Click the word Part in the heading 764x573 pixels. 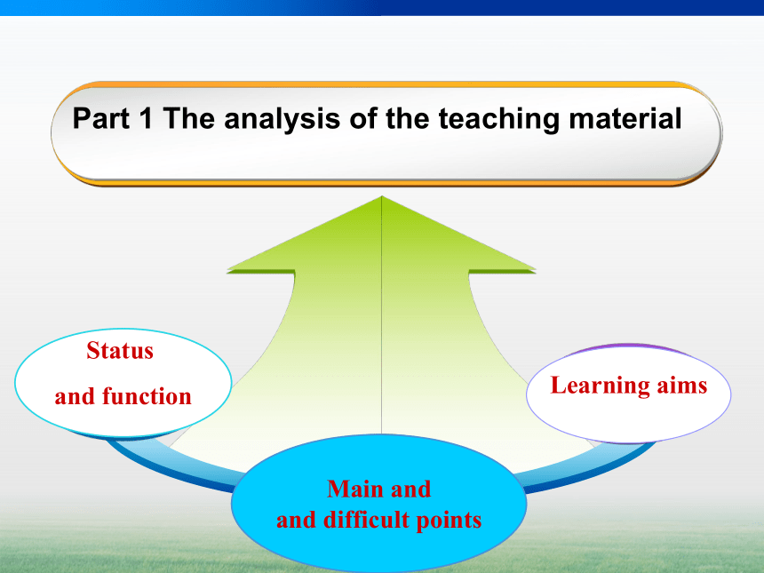pyautogui.click(x=101, y=118)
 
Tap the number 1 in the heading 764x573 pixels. pyautogui.click(x=145, y=118)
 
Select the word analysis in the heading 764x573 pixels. pyautogui.click(x=282, y=119)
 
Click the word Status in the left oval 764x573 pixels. pyautogui.click(x=120, y=350)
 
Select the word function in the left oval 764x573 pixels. pyautogui.click(x=147, y=395)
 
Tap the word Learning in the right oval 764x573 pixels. pyautogui.click(x=600, y=386)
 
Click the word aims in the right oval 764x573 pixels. pyautogui.click(x=681, y=386)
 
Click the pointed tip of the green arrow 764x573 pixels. pyautogui.click(x=381, y=196)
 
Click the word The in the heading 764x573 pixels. pyautogui.click(x=188, y=118)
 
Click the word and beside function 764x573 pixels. pyautogui.click(x=75, y=396)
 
